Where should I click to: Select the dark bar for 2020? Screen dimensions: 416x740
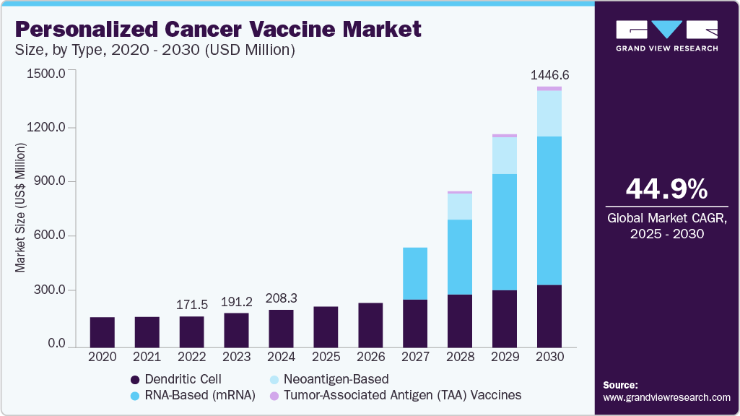pyautogui.click(x=103, y=331)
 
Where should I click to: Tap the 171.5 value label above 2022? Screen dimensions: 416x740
pyautogui.click(x=191, y=304)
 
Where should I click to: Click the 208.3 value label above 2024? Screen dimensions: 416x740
pyautogui.click(x=282, y=298)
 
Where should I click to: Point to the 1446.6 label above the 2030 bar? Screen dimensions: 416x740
pyautogui.click(x=549, y=75)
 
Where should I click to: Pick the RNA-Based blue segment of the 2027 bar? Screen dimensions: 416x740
pyautogui.click(x=415, y=274)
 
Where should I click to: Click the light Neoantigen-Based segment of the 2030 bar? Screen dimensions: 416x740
pyautogui.click(x=549, y=113)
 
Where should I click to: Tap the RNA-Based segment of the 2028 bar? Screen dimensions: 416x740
pyautogui.click(x=460, y=257)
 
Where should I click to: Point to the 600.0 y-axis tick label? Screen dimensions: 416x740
pyautogui.click(x=48, y=236)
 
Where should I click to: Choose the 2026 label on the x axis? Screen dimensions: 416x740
pyautogui.click(x=370, y=357)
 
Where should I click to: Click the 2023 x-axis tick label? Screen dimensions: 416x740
pyautogui.click(x=236, y=357)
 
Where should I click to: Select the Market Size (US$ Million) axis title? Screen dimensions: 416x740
pyautogui.click(x=20, y=208)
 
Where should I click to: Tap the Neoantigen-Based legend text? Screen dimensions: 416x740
pyautogui.click(x=336, y=379)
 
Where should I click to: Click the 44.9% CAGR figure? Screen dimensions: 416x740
pyautogui.click(x=666, y=189)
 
